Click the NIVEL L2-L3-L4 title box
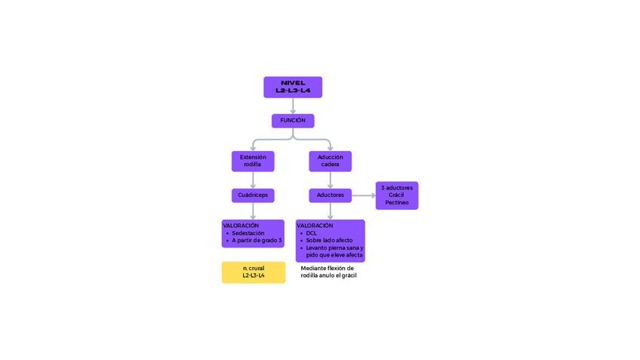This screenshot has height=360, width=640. click(293, 87)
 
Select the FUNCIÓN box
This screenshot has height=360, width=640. click(293, 121)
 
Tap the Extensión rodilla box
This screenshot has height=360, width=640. click(253, 162)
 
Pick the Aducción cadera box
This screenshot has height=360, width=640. click(330, 162)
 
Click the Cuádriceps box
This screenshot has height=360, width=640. click(253, 195)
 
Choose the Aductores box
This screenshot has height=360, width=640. click(330, 195)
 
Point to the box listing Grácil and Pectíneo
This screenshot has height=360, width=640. click(397, 195)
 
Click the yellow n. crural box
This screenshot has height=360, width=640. click(254, 272)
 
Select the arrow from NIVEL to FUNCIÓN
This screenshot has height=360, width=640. click(293, 106)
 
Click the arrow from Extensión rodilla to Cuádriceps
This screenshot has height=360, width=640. click(253, 180)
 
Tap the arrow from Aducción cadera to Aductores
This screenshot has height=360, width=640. click(330, 180)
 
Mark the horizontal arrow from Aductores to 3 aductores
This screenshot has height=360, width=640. click(363, 195)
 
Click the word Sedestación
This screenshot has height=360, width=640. click(248, 233)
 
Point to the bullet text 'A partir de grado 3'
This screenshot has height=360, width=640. click(257, 241)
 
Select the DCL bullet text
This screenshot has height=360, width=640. click(311, 233)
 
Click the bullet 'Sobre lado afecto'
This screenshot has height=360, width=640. click(329, 241)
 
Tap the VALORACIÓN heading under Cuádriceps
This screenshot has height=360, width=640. click(241, 226)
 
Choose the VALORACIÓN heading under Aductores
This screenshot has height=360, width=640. click(315, 226)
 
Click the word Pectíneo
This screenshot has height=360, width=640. click(397, 202)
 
